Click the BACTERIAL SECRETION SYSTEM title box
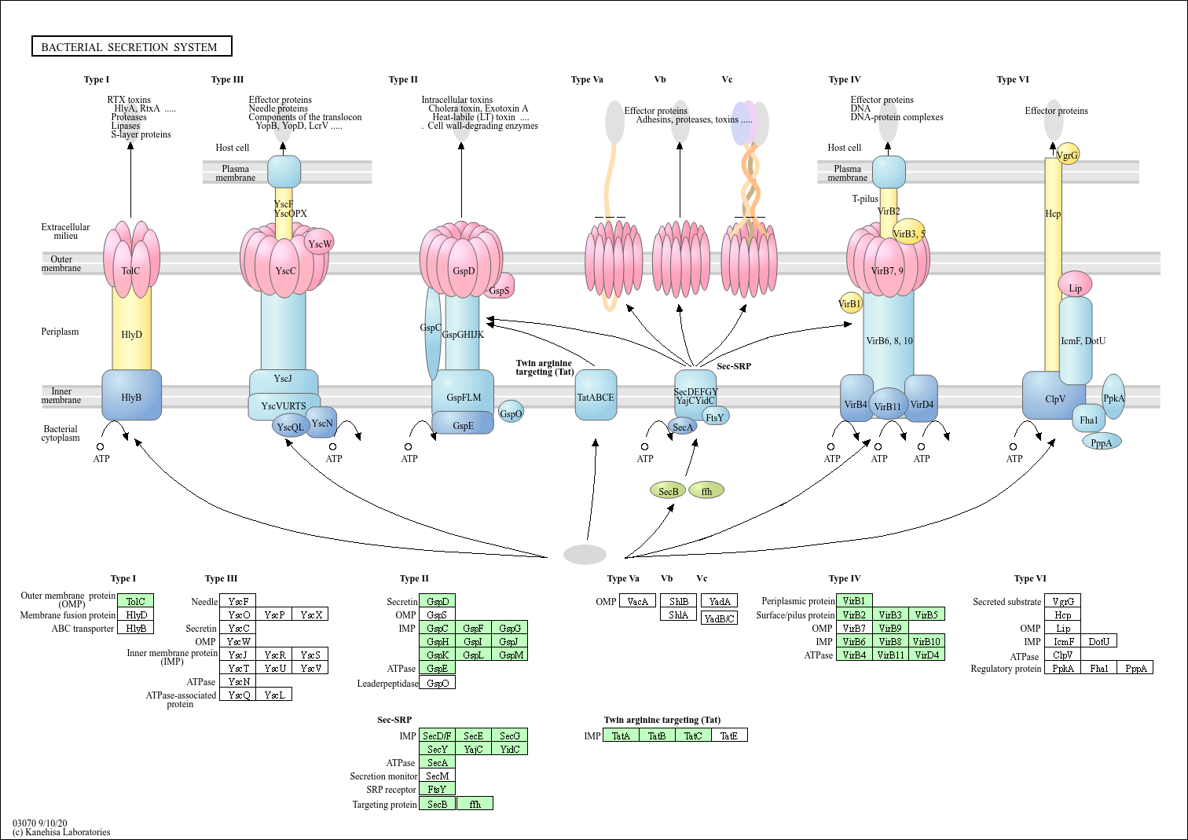[x=131, y=46]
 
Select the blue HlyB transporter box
[x=131, y=395]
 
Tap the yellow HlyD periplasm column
[x=131, y=328]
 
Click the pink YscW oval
[x=320, y=242]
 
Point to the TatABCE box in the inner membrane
[x=596, y=395]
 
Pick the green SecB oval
[x=668, y=490]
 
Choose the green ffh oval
[x=706, y=490]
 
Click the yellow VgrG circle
[x=1067, y=154]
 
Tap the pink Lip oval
[x=1075, y=284]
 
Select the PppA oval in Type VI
[x=1102, y=442]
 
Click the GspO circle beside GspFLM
[x=511, y=412]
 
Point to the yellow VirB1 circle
[x=850, y=303]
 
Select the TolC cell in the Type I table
[x=136, y=601]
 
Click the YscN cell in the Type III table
[x=239, y=681]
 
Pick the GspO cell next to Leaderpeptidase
[x=438, y=683]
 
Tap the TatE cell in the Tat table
[x=729, y=735]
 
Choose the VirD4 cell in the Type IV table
[x=926, y=655]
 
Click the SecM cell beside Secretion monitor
[x=438, y=776]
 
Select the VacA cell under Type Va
[x=637, y=601]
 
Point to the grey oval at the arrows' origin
[x=585, y=554]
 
